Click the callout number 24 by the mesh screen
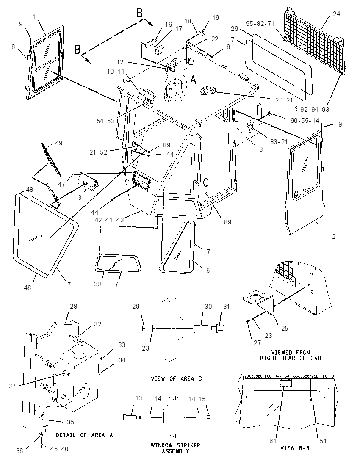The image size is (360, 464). coord(337,14)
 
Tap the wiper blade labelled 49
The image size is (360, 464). coord(51,159)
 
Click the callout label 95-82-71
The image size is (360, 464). coord(260,23)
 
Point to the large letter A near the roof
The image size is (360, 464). coord(193,80)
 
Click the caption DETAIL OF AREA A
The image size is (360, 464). coord(85,435)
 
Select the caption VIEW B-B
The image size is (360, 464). coord(295,448)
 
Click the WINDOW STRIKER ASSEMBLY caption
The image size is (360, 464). coord(175,448)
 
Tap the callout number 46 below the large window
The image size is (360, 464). coord(27,287)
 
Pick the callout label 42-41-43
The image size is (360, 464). coord(109,220)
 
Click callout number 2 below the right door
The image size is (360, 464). coord(334,236)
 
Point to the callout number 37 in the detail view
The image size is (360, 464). coord(12,386)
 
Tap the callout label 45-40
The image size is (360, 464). coord(59,449)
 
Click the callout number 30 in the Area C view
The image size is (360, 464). coord(208,306)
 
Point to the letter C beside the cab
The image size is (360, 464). coord(206,182)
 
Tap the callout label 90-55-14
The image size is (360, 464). coord(305,120)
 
